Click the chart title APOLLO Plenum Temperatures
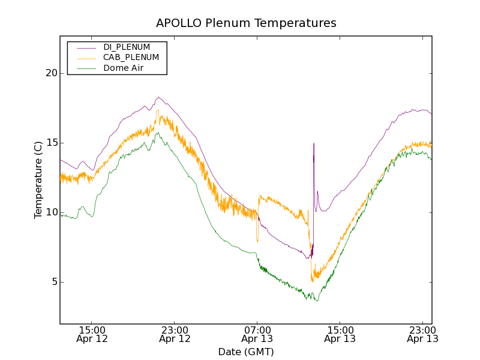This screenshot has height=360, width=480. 246,23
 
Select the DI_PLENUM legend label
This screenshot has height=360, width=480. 127,47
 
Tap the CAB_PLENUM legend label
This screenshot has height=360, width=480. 131,58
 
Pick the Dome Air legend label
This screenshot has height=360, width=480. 123,68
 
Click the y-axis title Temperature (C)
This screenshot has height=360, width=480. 38,180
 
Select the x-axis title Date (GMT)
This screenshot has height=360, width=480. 246,352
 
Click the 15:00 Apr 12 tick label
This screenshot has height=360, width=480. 92,334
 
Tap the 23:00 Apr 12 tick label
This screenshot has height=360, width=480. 175,334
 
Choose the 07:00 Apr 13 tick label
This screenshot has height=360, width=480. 257,334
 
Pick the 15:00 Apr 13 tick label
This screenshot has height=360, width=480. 340,334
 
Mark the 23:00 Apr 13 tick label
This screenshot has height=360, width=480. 422,334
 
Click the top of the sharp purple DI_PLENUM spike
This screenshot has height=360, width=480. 313,143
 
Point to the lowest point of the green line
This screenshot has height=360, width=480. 317,301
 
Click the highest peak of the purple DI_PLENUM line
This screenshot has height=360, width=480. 158,97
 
